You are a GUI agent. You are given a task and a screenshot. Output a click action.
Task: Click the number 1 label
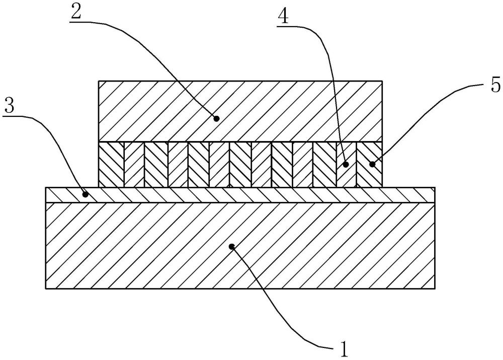pyautogui.click(x=344, y=349)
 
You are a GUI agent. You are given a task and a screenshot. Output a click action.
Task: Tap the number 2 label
pyautogui.click(x=76, y=11)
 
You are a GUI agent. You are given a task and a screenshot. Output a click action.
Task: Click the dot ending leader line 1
pyautogui.click(x=232, y=246)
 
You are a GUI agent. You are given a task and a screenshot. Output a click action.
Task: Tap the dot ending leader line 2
pyautogui.click(x=216, y=118)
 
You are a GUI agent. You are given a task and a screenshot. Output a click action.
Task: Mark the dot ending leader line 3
pyautogui.click(x=86, y=194)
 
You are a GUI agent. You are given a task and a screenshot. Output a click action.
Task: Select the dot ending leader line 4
pyautogui.click(x=346, y=165)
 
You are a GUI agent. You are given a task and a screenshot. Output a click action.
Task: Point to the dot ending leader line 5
pyautogui.click(x=372, y=165)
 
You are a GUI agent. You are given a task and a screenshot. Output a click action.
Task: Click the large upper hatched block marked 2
pyautogui.click(x=240, y=111)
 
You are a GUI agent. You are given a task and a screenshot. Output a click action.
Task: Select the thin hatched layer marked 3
pyautogui.click(x=240, y=195)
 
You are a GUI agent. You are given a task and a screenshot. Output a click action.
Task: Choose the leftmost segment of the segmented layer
pyautogui.click(x=111, y=165)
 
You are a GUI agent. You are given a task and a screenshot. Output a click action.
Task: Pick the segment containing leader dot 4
pyautogui.click(x=346, y=165)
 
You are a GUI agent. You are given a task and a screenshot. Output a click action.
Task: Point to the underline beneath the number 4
pyautogui.click(x=290, y=28)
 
